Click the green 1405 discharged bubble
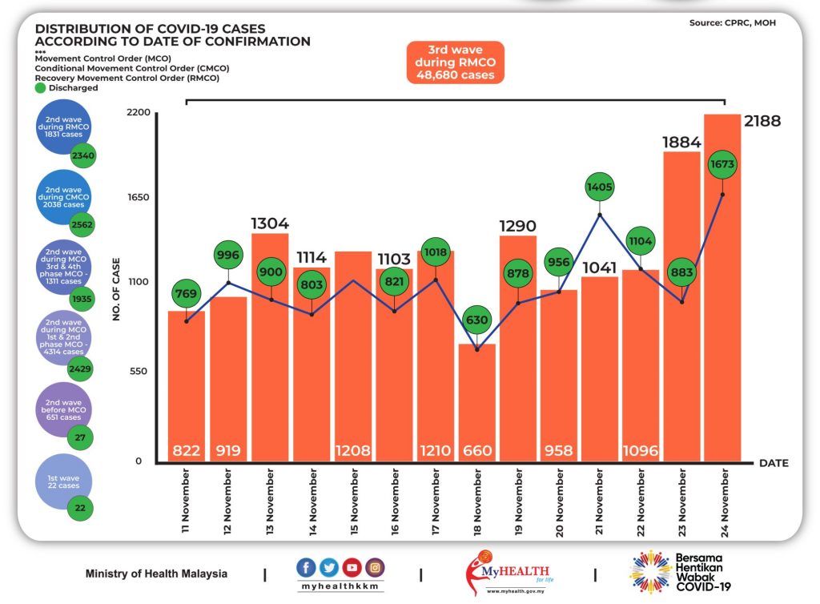coord(599,187)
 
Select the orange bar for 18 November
coord(477,403)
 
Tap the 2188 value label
coord(762,121)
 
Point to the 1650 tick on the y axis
coord(139,197)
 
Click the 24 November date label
coord(724,502)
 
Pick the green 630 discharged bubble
coord(477,320)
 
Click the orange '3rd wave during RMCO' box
coord(456,62)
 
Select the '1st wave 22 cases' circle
coord(63,481)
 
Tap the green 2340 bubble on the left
coord(83,155)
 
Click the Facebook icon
coord(306,567)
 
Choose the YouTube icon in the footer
coord(352,567)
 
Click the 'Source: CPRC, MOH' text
coord(732,23)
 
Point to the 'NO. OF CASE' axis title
coord(116,289)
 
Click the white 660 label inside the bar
coord(477,450)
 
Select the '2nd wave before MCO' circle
coord(63,410)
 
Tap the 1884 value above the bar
coord(681,143)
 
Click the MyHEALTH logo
coord(508,572)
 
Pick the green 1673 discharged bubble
coord(722,164)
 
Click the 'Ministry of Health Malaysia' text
coord(156,574)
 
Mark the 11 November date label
coord(186,501)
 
